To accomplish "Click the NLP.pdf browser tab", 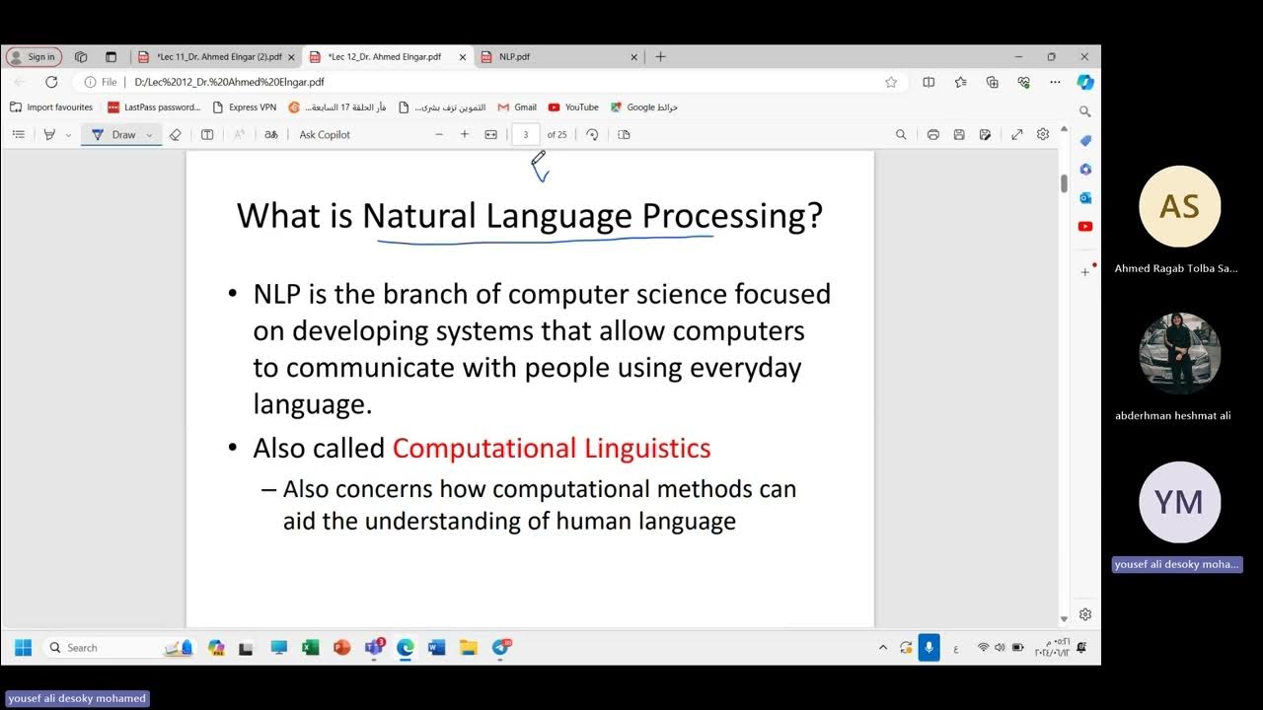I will tap(514, 57).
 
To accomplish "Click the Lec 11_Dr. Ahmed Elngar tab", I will tap(218, 57).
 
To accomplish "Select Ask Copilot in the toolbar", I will tap(325, 135).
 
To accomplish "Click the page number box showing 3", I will tap(525, 135).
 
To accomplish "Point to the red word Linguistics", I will tap(647, 448).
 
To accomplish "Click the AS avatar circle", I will tap(1179, 206).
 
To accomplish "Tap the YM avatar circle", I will tap(1179, 502).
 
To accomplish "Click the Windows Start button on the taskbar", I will tap(24, 648).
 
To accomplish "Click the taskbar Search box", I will tap(109, 648).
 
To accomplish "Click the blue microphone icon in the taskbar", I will tap(929, 648).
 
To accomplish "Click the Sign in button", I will tap(35, 57).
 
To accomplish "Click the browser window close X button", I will tap(1084, 57).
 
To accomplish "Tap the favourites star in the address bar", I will tap(891, 83).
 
